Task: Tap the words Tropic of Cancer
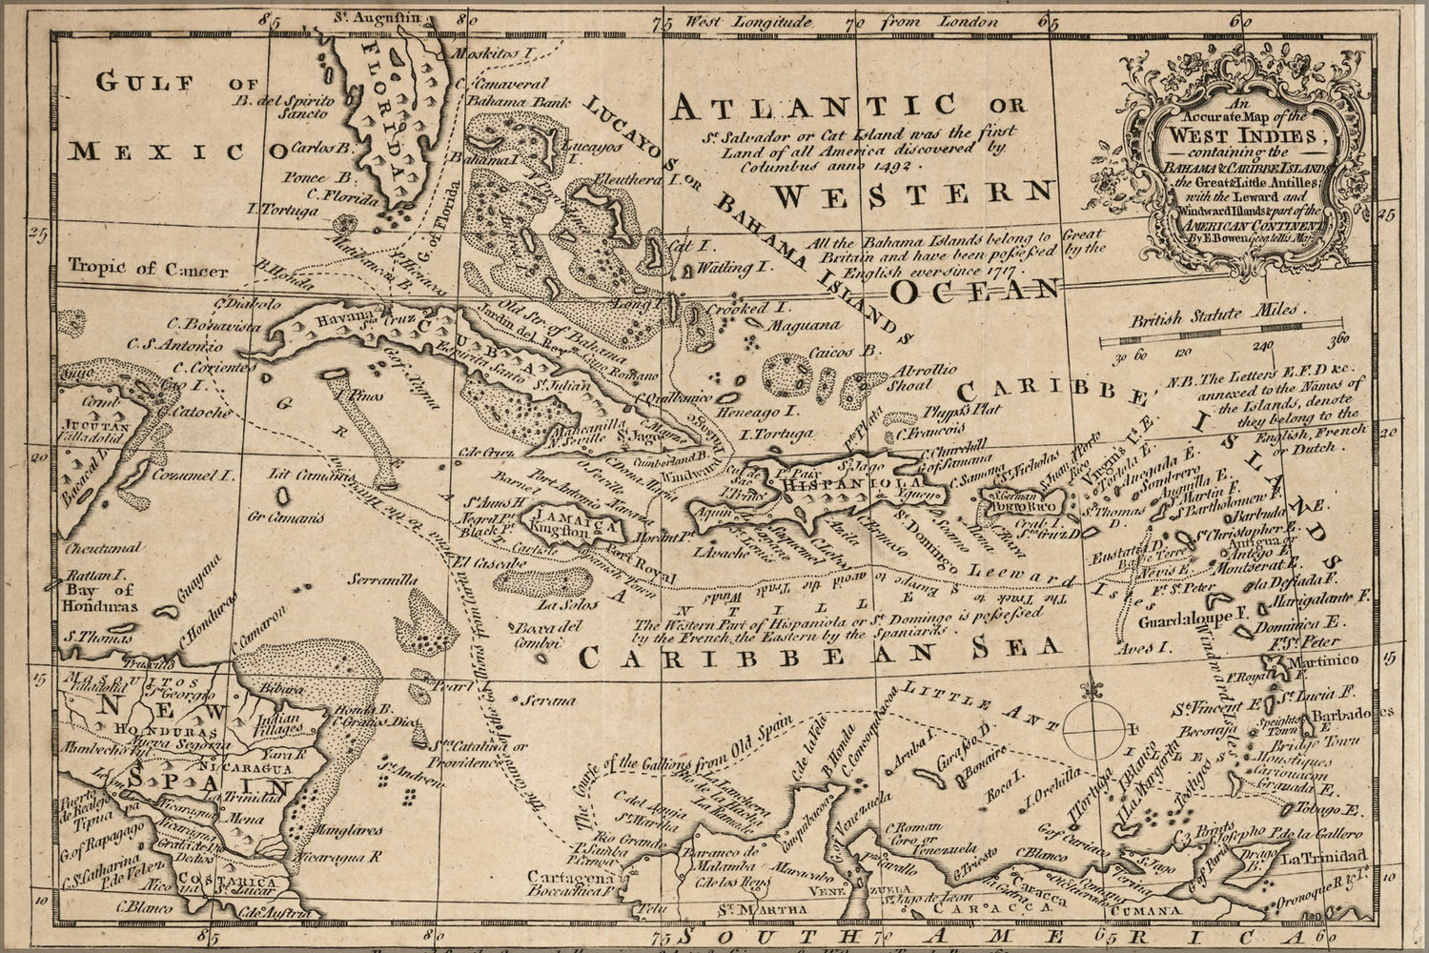pyautogui.click(x=148, y=269)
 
